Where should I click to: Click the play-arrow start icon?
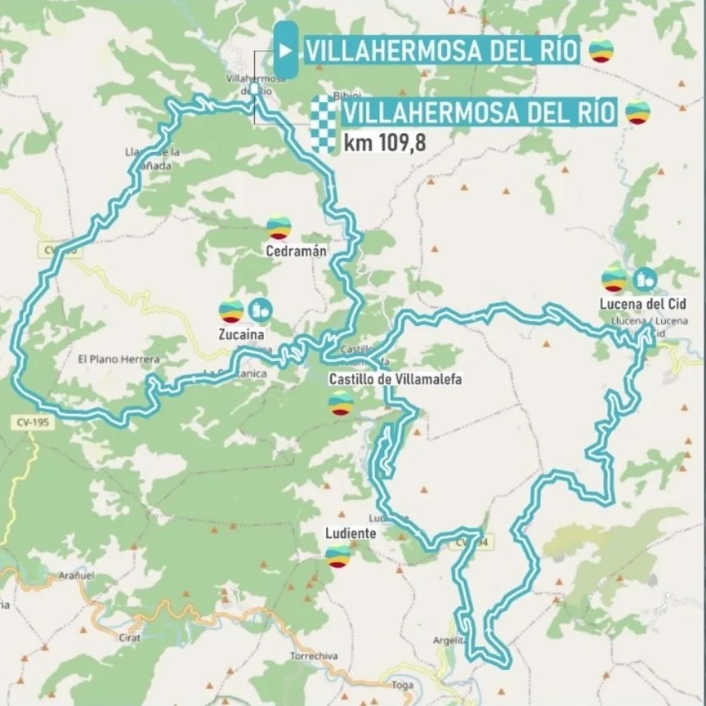click(x=285, y=51)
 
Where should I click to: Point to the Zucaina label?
click(x=240, y=335)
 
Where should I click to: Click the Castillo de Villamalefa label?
click(x=395, y=379)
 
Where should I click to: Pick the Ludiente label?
click(x=351, y=533)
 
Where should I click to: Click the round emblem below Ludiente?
click(x=339, y=556)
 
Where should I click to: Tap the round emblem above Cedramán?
click(x=278, y=227)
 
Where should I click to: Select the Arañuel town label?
click(x=76, y=576)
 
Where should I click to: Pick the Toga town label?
click(x=402, y=685)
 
